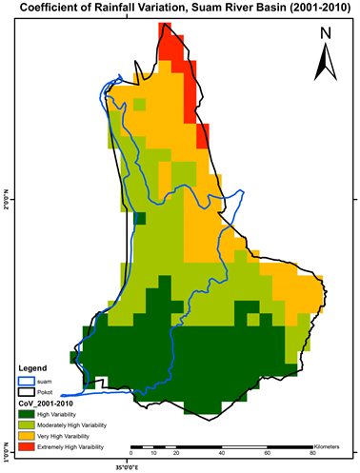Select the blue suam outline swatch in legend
(x=26, y=380)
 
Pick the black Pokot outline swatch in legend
(x=26, y=391)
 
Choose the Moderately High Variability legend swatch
(x=26, y=424)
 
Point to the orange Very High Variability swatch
(x=26, y=436)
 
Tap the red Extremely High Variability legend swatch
(x=26, y=447)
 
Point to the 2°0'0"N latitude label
(x=7, y=201)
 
